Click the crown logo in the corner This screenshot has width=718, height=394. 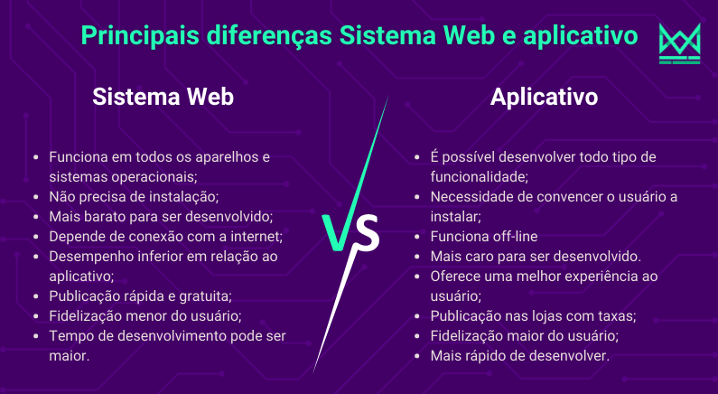click(679, 43)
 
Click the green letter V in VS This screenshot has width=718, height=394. click(339, 232)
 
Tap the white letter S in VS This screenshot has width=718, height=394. click(368, 233)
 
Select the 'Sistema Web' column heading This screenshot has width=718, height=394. click(163, 97)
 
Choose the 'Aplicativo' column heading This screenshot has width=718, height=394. click(544, 97)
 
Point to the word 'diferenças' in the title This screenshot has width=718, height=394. click(269, 36)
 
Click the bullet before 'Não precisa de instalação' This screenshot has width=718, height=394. click(37, 197)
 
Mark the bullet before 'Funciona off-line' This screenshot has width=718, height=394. click(417, 237)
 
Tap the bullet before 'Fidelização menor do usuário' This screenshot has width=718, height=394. click(37, 316)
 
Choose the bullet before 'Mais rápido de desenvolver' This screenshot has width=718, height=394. click(417, 356)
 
